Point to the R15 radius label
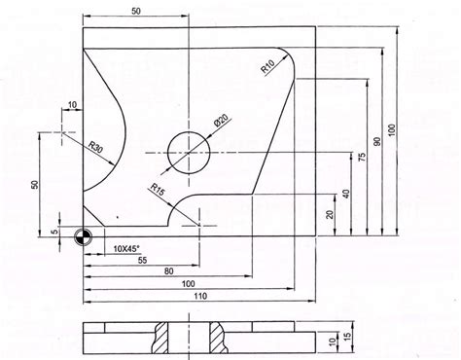pos(156,189)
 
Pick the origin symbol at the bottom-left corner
pos(83,236)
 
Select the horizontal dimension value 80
pos(169,271)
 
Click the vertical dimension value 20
pos(331,214)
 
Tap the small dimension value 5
pos(54,232)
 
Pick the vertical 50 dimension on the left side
pos(35,184)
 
